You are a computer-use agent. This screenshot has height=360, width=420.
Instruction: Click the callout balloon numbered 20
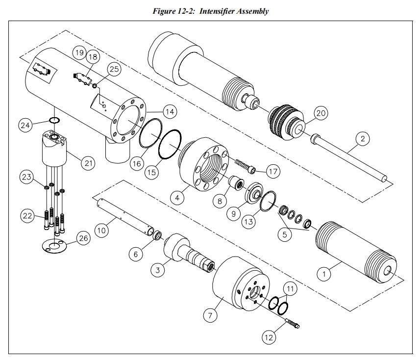[321, 113]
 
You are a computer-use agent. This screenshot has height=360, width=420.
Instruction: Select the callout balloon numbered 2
[362, 139]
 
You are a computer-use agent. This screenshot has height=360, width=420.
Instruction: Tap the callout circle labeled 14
[170, 112]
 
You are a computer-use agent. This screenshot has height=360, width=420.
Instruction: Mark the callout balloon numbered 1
[323, 274]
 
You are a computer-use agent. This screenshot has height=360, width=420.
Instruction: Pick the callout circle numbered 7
[210, 315]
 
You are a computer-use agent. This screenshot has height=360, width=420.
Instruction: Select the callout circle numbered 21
[88, 163]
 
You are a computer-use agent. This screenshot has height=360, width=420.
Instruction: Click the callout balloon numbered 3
[157, 270]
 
